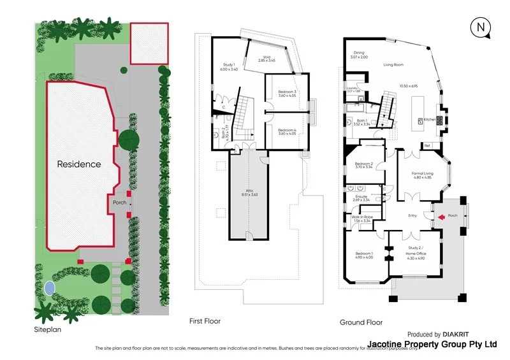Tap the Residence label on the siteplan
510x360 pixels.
(x=79, y=164)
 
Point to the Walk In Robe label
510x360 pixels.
(x=361, y=217)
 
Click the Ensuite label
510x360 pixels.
(x=361, y=198)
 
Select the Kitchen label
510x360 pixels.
(x=430, y=119)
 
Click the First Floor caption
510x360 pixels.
(x=205, y=321)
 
